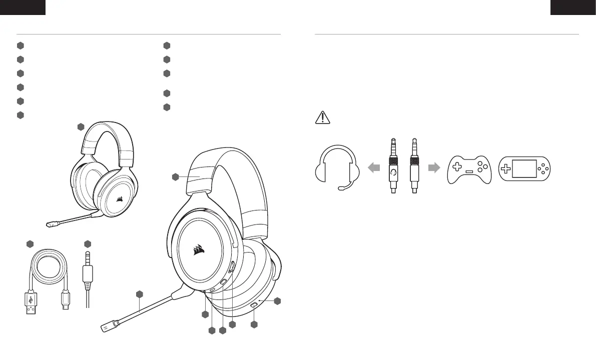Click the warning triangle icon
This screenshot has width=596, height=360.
pos(323,117)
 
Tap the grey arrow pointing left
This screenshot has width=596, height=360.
pos(374,168)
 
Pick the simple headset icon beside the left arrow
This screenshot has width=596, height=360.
pos(338,167)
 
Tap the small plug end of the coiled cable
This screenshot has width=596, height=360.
pos(65,302)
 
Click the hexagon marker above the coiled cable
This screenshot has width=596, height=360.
pos(30,244)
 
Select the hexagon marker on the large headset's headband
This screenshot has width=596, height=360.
pos(175,176)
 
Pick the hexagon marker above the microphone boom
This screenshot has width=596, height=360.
pos(140,293)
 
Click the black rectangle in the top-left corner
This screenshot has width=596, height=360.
pos(23,6)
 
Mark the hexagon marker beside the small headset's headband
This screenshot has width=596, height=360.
pos(81,126)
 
